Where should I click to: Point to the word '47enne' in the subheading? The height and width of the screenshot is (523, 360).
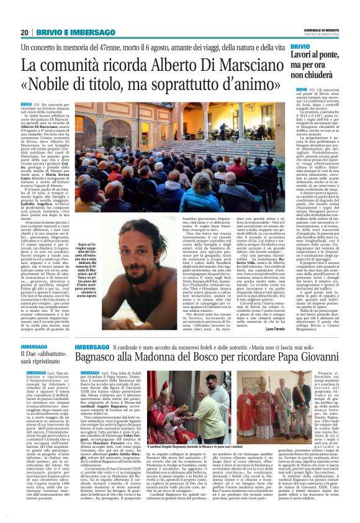[127, 48]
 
